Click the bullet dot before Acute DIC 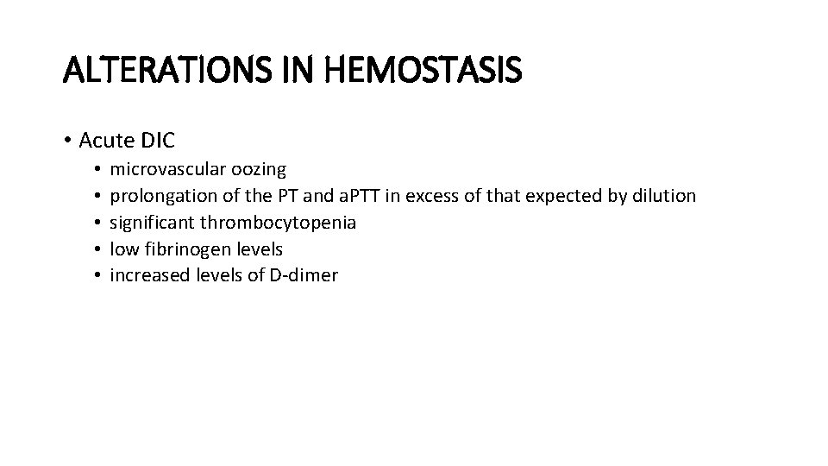coord(66,140)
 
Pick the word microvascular coord(170,170)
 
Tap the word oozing coord(260,170)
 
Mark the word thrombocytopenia coord(278,223)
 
